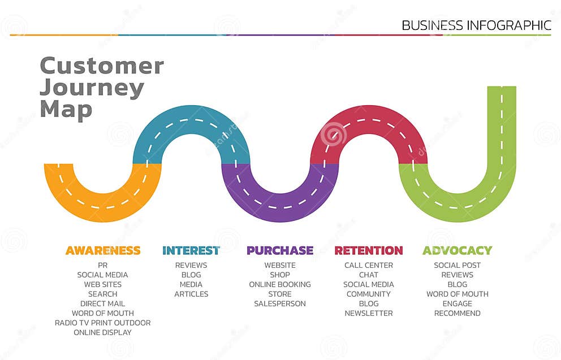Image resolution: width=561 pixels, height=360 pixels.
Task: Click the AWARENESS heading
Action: (102, 250)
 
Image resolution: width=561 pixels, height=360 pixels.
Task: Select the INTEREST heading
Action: (191, 250)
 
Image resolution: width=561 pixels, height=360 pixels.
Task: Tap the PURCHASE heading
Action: (279, 250)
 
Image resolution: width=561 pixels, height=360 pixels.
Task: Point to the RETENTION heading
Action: (368, 250)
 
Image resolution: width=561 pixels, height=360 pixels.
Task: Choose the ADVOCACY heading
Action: (457, 250)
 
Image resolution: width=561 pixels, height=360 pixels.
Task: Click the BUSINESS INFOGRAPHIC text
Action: (476, 25)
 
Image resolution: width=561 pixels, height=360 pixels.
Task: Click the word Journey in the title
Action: (92, 88)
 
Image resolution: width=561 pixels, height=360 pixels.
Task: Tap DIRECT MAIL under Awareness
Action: (102, 303)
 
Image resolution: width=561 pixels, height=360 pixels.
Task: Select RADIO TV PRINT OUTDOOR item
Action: (102, 323)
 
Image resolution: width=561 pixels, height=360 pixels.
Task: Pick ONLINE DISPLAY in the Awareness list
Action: (102, 332)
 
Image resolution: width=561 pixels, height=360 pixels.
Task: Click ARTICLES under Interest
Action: (191, 294)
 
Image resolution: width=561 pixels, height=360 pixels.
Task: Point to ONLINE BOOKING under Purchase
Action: (280, 284)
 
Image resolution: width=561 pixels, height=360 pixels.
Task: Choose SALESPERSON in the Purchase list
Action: (280, 303)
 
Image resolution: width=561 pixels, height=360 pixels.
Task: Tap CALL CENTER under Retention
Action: (369, 265)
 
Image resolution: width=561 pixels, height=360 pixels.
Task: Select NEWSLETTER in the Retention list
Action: (369, 313)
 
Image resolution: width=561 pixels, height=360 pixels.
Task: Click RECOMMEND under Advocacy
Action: (457, 313)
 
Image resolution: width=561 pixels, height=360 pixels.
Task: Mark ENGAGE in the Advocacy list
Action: (457, 303)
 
